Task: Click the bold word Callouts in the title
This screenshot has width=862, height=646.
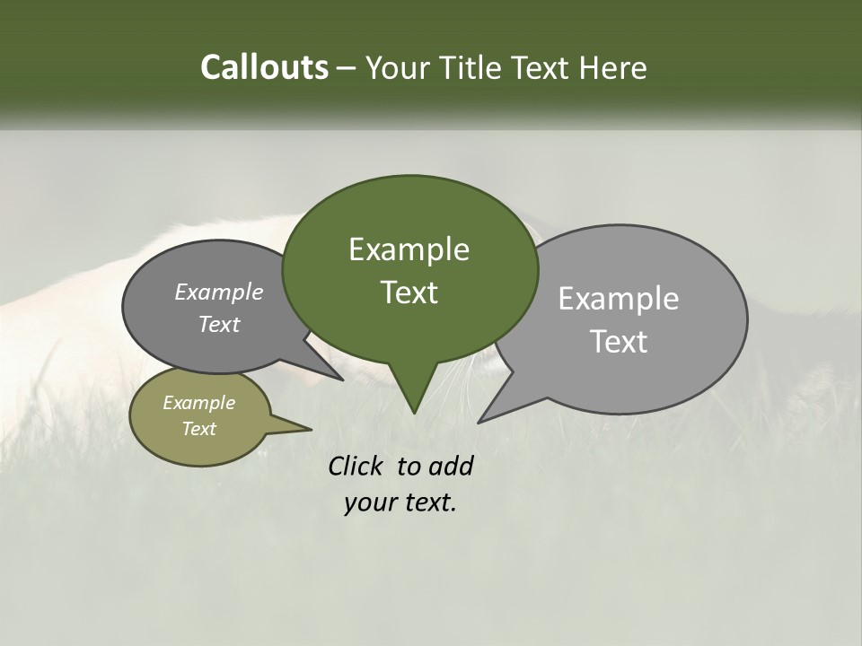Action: coord(264,68)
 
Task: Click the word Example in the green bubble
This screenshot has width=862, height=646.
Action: coord(409,249)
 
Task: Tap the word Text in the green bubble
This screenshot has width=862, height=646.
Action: coord(409,292)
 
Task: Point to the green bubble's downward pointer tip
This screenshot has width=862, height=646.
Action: coord(413,412)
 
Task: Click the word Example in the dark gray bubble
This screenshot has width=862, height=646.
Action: coord(219,292)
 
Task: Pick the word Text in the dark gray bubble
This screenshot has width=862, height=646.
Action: coord(219,324)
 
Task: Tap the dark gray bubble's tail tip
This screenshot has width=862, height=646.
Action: coord(342,380)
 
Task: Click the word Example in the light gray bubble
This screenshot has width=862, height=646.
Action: coord(619,299)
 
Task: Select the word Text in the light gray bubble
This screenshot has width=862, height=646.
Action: coord(619,342)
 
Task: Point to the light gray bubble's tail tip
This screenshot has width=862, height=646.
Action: coord(479,422)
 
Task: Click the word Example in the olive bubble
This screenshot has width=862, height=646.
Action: coord(199,403)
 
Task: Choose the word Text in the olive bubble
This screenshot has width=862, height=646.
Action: coord(199,429)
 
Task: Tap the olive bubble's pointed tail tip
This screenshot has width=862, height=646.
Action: coord(311,429)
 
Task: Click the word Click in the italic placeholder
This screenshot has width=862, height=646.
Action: coord(356,466)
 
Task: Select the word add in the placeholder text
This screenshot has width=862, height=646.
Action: coord(450,466)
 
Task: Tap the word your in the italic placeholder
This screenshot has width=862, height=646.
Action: coord(369,502)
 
